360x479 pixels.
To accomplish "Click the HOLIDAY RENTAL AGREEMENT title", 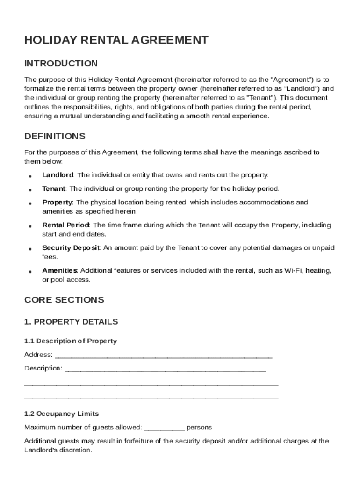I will [116, 40].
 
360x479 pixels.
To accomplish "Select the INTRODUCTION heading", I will [61, 64].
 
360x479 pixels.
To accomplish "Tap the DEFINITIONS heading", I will [55, 137].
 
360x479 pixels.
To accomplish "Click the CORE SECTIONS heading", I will [64, 300].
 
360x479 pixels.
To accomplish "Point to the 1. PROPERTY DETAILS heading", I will [71, 322].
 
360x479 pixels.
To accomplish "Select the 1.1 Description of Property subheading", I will [71, 341].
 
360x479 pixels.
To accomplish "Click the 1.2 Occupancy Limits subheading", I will [61, 414].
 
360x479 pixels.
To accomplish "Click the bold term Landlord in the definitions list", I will [58, 175].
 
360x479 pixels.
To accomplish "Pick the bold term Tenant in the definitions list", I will [54, 189].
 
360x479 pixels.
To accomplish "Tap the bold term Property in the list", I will [57, 203].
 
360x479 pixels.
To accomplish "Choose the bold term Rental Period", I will [65, 225].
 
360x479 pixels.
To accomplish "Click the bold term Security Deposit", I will [71, 248].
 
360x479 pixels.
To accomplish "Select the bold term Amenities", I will [60, 271].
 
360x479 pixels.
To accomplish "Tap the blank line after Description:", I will [165, 370].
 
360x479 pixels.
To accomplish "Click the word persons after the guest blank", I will [199, 428].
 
